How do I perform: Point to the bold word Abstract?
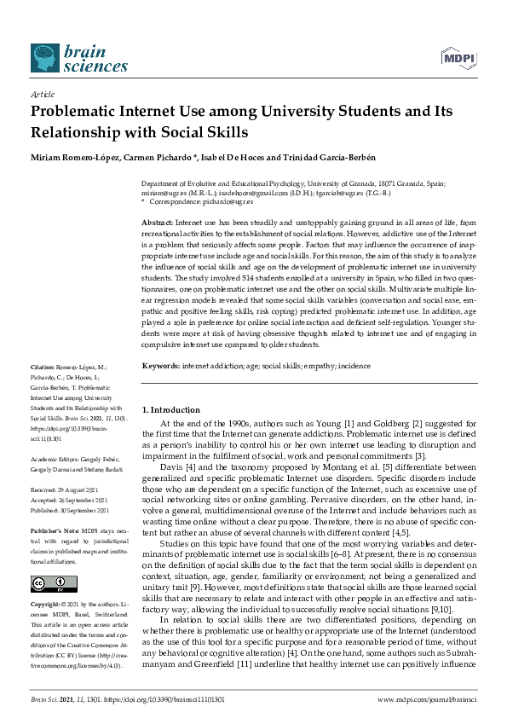[x=157, y=221]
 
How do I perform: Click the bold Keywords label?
[x=160, y=364]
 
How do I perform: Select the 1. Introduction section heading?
[x=170, y=409]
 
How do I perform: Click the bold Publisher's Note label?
[x=54, y=529]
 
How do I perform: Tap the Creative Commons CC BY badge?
[x=48, y=583]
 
